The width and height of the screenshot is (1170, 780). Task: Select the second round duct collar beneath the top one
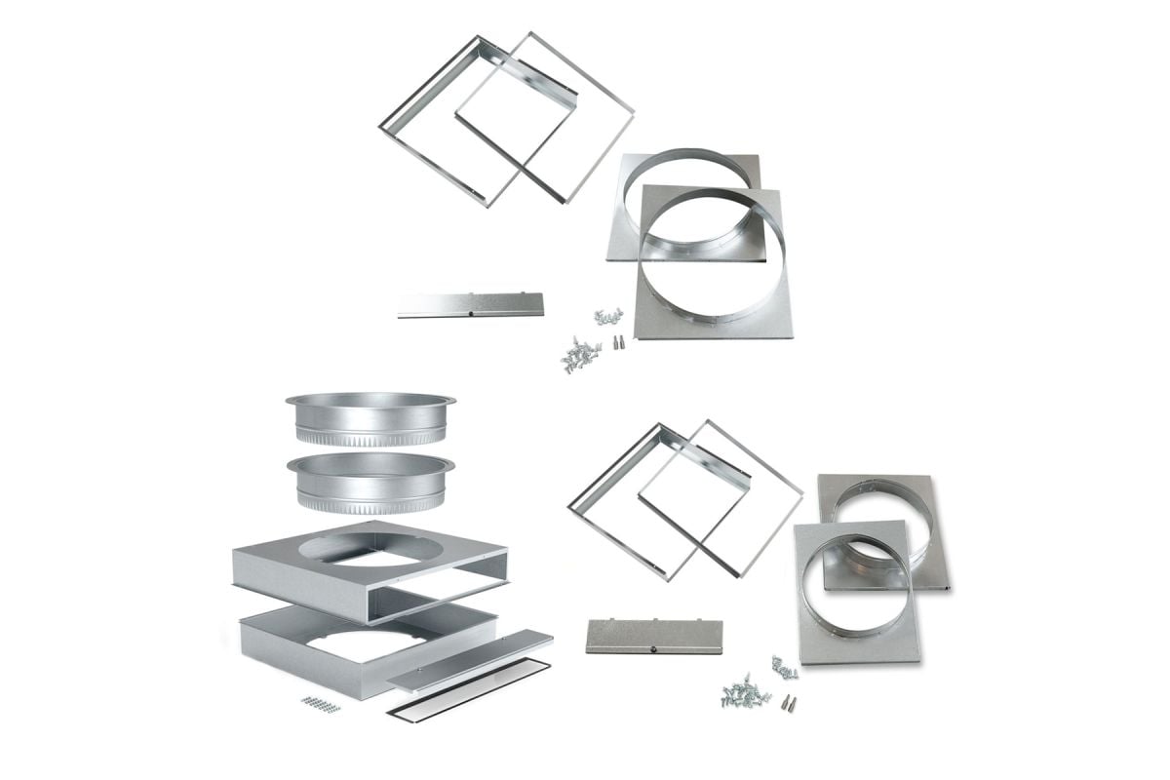(370, 483)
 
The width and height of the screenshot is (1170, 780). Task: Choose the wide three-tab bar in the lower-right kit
(654, 636)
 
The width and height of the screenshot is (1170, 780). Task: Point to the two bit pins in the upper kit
(617, 342)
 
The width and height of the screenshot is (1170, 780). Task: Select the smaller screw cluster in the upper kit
(608, 317)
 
